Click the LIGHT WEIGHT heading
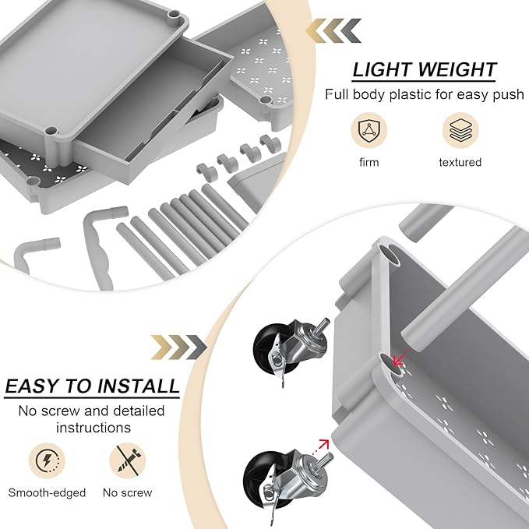click(424, 69)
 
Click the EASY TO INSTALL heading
click(92, 386)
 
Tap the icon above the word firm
click(369, 129)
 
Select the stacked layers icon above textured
click(460, 129)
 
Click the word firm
click(369, 162)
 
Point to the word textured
click(460, 162)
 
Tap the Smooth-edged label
click(47, 492)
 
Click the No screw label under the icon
click(127, 492)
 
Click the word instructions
click(92, 427)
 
